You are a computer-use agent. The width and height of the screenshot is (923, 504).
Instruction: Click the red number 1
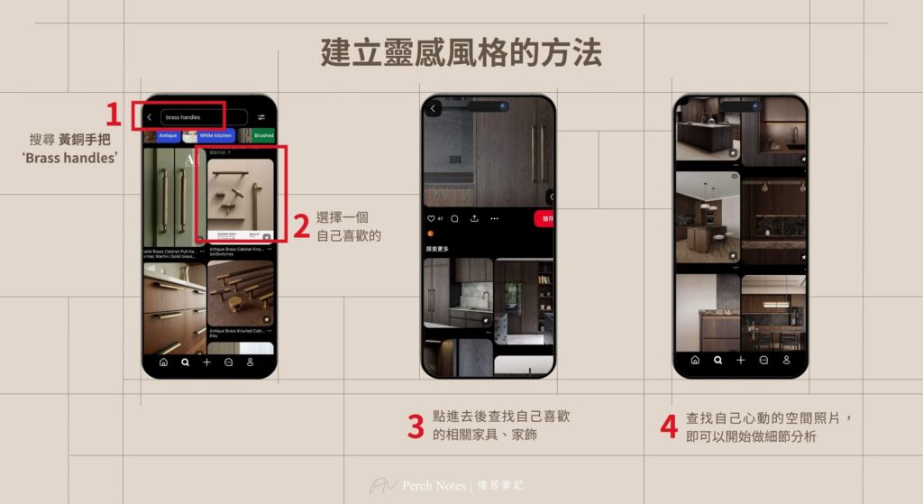click(113, 115)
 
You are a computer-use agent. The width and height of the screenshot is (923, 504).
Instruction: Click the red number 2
click(301, 225)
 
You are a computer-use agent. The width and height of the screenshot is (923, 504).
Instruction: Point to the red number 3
click(416, 426)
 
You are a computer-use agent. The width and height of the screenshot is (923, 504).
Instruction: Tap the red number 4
click(668, 426)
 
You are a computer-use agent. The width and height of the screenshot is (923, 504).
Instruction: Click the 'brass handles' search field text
click(183, 117)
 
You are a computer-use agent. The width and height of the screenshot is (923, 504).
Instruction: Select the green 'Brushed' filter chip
click(262, 135)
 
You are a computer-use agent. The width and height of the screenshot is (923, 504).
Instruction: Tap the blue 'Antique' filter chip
click(168, 135)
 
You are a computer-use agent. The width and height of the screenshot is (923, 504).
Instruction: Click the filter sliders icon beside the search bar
click(261, 117)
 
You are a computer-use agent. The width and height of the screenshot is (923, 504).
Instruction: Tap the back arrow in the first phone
click(150, 117)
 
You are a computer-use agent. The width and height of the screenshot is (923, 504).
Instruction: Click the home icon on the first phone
click(163, 362)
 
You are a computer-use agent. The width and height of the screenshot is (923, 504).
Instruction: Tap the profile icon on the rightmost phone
click(786, 360)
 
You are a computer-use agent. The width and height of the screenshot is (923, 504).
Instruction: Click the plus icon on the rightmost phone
click(741, 360)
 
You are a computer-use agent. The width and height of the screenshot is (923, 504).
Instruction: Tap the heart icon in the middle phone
click(430, 218)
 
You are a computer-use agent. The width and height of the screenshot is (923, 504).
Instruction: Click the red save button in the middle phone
click(546, 218)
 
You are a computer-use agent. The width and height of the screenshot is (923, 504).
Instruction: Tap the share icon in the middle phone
click(475, 218)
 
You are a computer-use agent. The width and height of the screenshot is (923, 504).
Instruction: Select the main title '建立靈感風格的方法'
click(461, 52)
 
